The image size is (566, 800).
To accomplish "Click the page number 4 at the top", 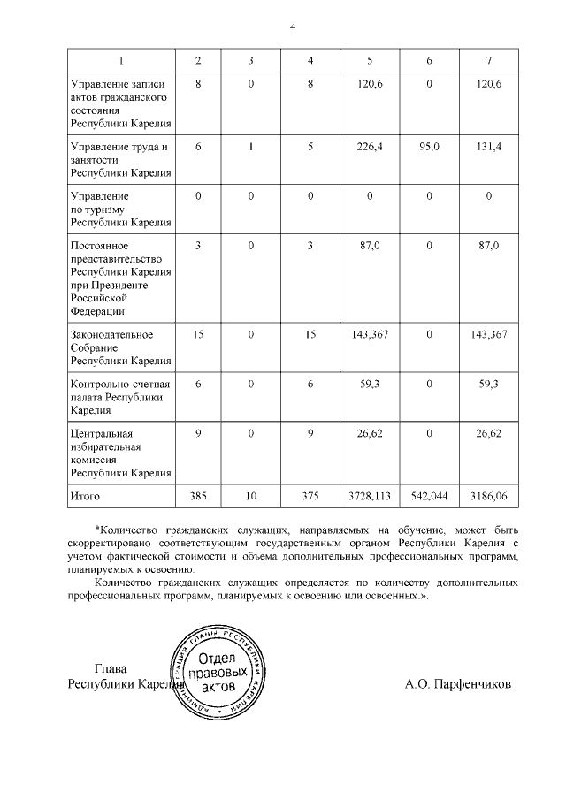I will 293,26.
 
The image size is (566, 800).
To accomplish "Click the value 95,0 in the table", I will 430,147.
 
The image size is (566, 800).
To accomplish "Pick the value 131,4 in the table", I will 489,147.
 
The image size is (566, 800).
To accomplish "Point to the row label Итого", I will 85,497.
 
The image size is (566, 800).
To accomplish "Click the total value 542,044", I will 430,497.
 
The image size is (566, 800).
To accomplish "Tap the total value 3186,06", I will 489,497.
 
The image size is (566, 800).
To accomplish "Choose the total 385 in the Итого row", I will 197,497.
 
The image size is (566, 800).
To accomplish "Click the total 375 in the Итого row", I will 310,497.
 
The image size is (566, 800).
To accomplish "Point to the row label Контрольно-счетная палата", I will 120,397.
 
